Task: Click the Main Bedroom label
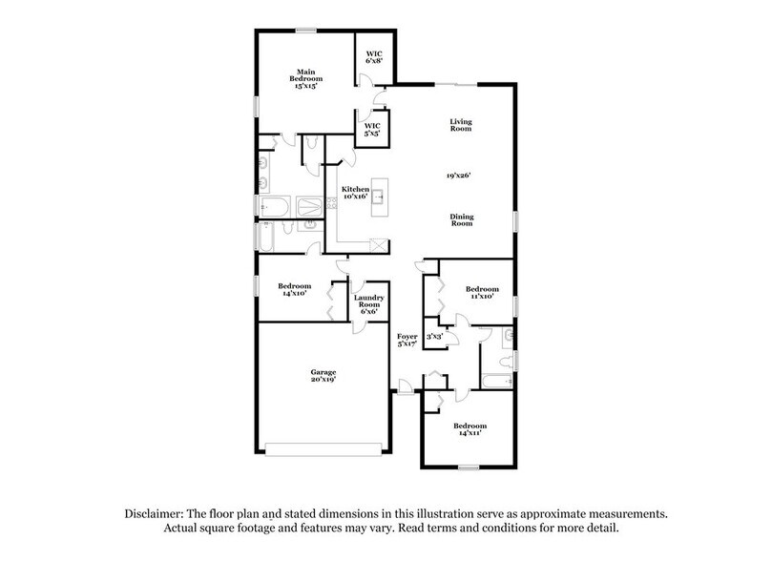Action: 305,77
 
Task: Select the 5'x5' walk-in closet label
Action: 372,130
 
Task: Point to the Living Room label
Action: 462,126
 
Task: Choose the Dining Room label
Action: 462,220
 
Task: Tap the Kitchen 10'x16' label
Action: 355,193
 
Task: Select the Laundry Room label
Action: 368,302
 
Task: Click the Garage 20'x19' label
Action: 323,376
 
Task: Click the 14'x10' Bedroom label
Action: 294,290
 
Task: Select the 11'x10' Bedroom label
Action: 482,293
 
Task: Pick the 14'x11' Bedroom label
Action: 469,428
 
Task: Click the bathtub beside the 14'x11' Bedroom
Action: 496,382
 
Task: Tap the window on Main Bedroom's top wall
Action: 306,30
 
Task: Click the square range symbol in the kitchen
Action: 378,243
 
